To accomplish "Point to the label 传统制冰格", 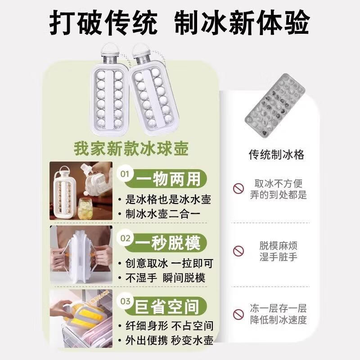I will point(277,155).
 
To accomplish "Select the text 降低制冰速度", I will point(278,320).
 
